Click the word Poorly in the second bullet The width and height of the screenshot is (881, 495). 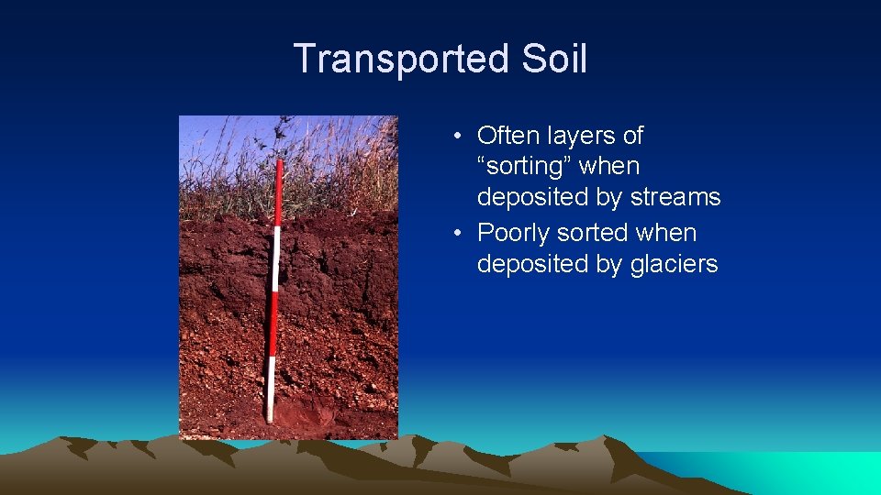point(516,233)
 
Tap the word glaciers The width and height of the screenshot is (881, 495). point(675,264)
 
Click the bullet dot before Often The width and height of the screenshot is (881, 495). point(456,137)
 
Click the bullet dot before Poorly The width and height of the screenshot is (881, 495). point(456,234)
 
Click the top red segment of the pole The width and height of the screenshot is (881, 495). point(278,192)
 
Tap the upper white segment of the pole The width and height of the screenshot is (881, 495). point(275,259)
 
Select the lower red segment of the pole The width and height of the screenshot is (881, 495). point(273,324)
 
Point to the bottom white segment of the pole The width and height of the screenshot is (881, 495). point(270,389)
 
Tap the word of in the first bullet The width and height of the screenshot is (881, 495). point(633,136)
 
